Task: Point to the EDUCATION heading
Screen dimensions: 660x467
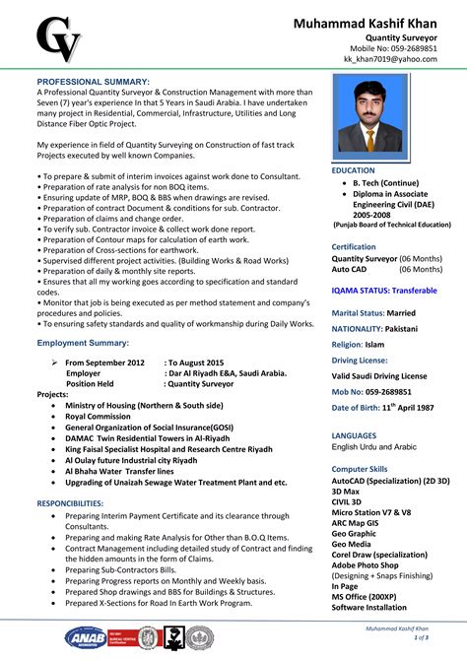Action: pyautogui.click(x=354, y=170)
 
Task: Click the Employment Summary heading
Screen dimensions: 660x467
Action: pyautogui.click(x=83, y=342)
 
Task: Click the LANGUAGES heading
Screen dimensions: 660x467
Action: pyautogui.click(x=355, y=433)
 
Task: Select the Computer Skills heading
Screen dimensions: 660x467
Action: pyautogui.click(x=360, y=469)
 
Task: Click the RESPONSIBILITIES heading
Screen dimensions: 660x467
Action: pyautogui.click(x=78, y=502)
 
